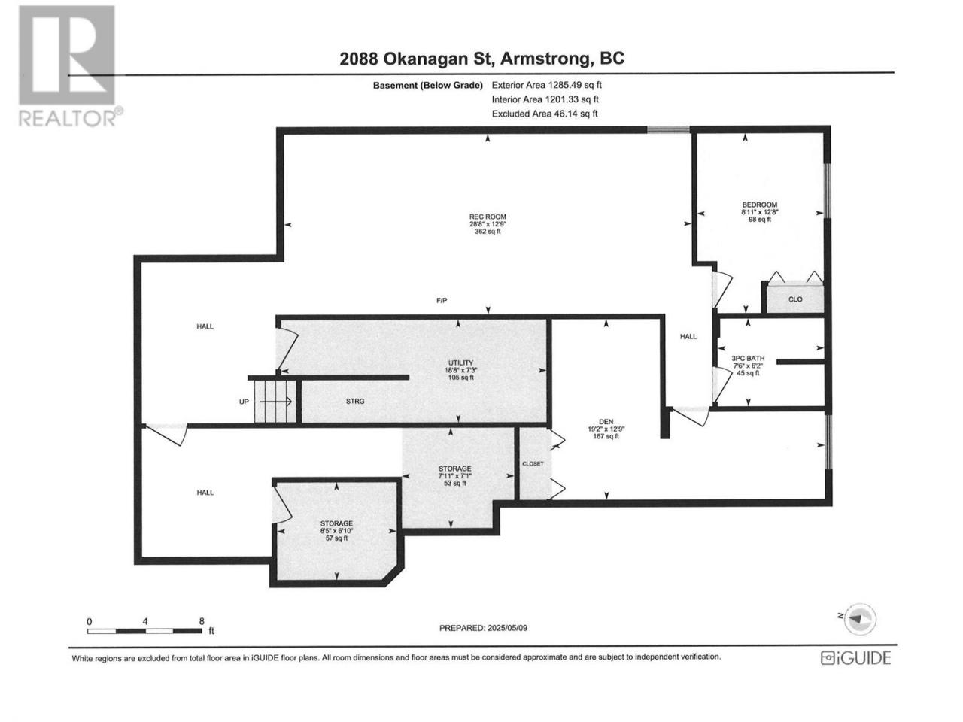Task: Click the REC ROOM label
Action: point(488,217)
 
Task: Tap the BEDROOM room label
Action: point(759,205)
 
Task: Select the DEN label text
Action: point(606,422)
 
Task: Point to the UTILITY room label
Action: point(460,363)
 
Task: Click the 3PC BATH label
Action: point(748,358)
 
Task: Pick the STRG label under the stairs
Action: point(355,401)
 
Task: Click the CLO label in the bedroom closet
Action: point(795,299)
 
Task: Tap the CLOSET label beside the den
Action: point(533,463)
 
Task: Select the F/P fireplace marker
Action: point(442,300)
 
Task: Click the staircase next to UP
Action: point(276,402)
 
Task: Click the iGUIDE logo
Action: point(855,658)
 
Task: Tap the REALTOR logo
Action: point(70,65)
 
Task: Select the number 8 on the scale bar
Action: point(202,621)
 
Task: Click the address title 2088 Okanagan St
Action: point(418,59)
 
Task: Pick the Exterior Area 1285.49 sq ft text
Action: point(547,85)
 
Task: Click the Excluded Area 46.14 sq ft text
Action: point(545,114)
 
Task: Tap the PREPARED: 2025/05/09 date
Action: point(483,628)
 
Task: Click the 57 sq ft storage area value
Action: point(336,538)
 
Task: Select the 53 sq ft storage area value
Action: point(454,483)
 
